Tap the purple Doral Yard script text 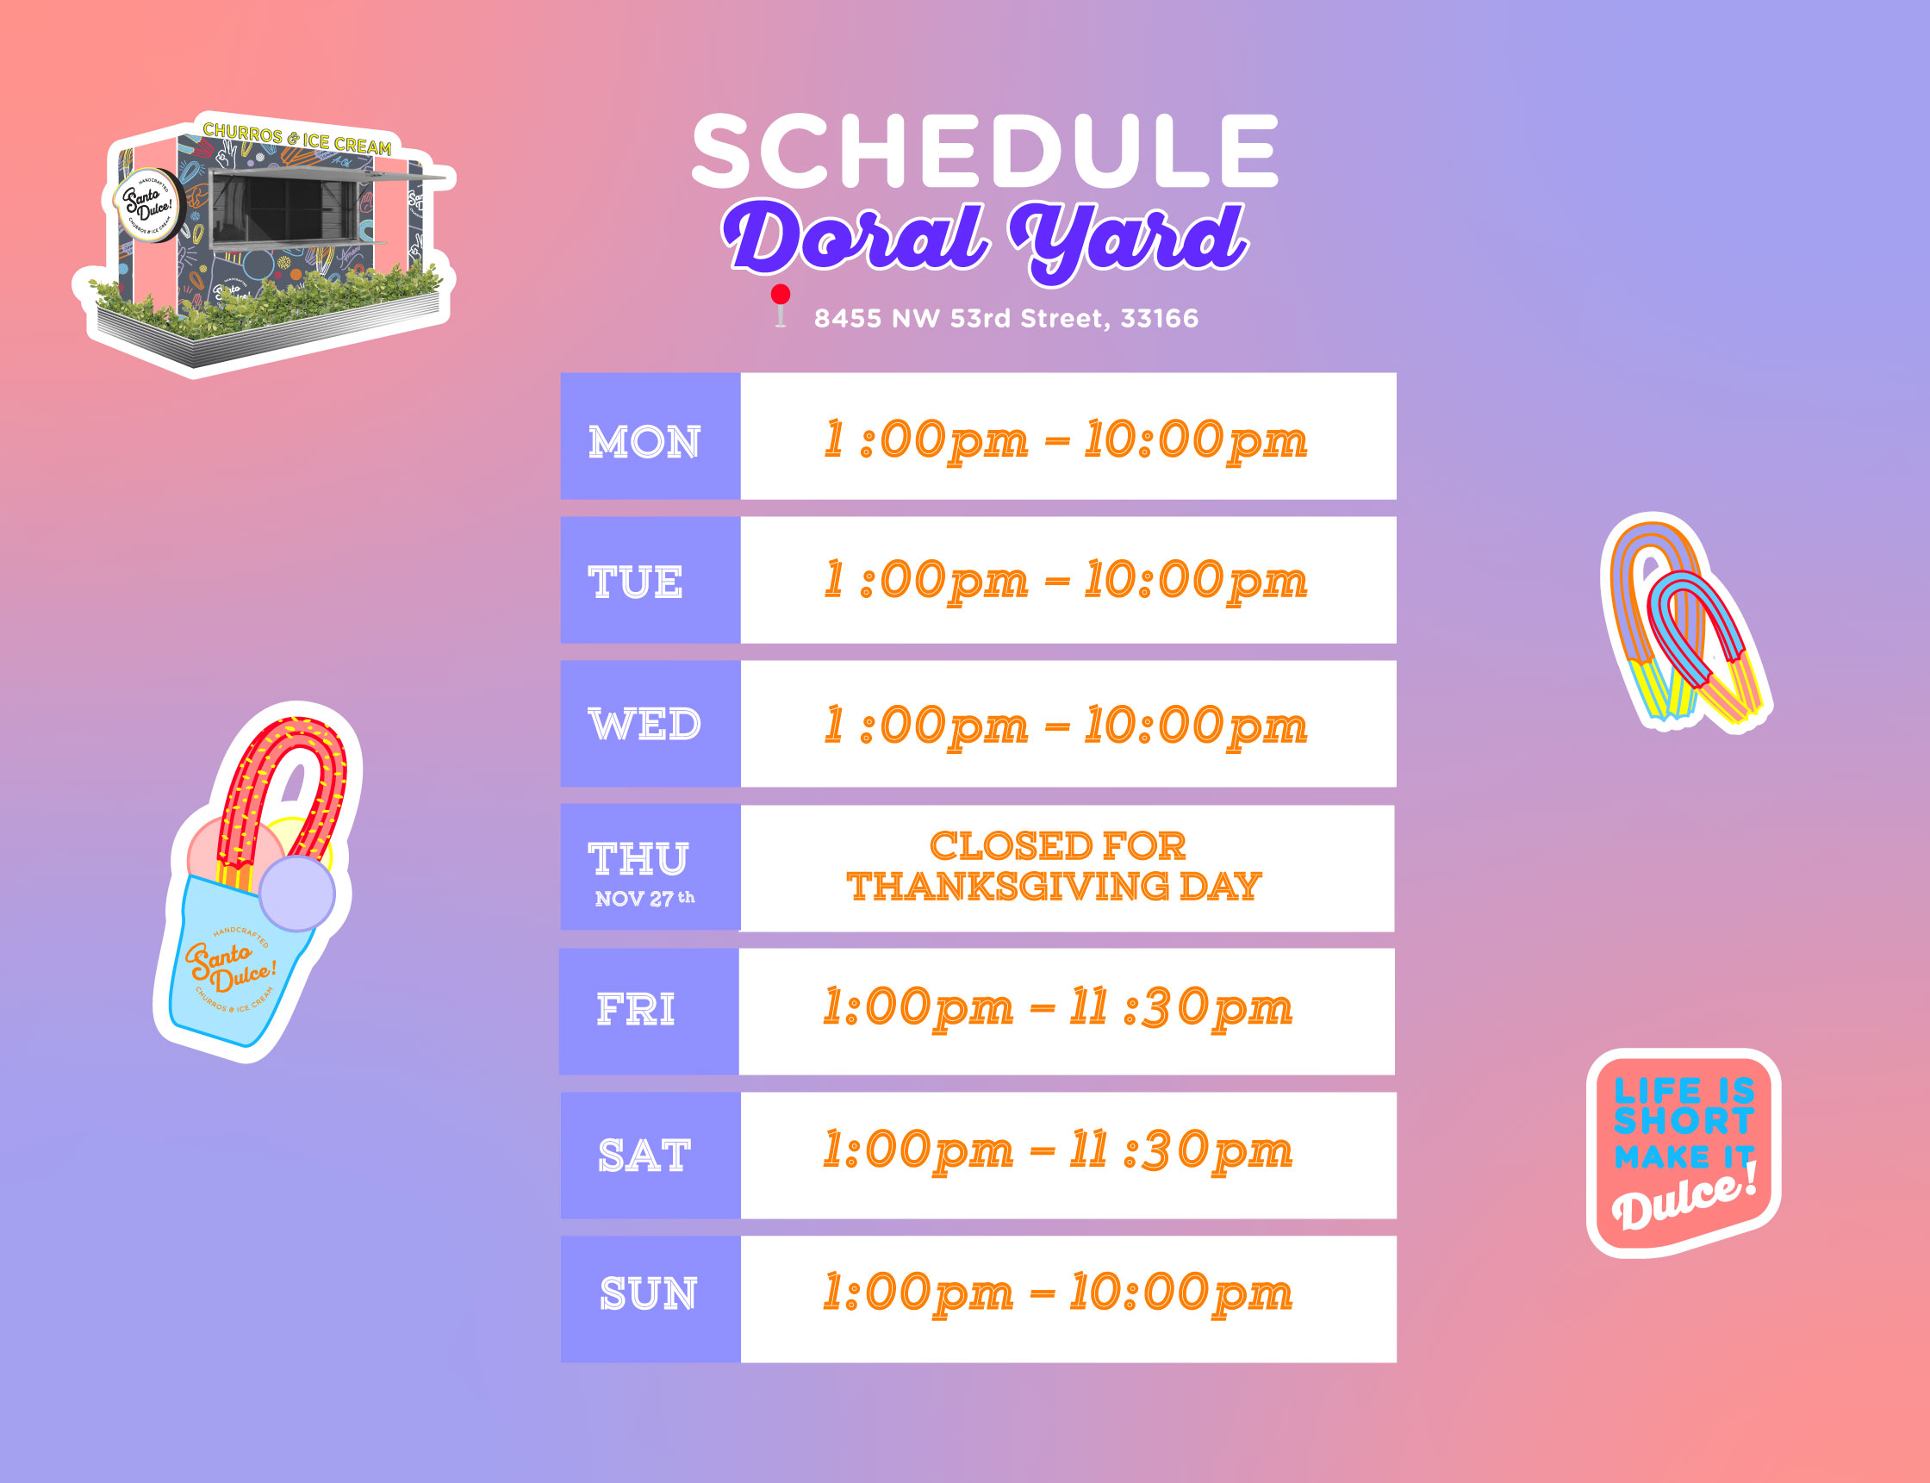(x=985, y=240)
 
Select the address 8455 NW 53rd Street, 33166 (x=1006, y=318)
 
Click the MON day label (x=644, y=441)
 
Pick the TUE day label (x=635, y=583)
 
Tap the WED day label (x=644, y=725)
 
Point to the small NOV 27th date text (x=645, y=899)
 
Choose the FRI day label (x=635, y=1010)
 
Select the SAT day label (x=644, y=1156)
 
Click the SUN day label (x=648, y=1294)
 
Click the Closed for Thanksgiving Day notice (x=1055, y=867)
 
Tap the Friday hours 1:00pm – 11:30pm (x=1057, y=1009)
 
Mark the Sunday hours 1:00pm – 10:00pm (x=1057, y=1294)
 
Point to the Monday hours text (x=1065, y=441)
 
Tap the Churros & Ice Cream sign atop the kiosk (x=297, y=140)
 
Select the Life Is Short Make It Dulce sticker (x=1684, y=1153)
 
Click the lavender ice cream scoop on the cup (x=296, y=893)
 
